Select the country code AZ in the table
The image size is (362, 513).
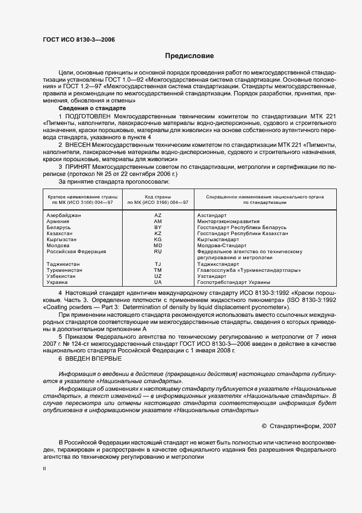158,215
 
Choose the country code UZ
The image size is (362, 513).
158,276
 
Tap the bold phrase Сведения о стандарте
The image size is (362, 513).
84,109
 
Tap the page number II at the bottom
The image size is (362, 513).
44,469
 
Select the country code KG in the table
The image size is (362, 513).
158,239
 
